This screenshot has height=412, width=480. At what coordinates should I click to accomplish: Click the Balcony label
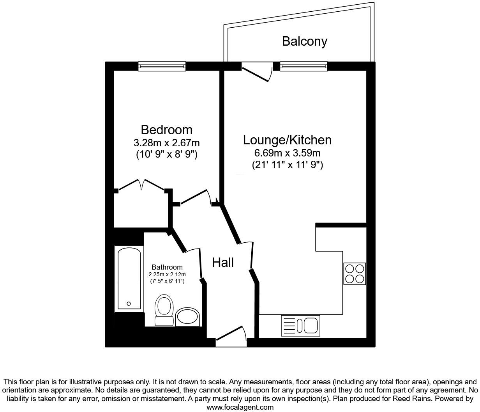point(304,41)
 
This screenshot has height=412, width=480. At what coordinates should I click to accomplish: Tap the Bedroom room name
point(166,130)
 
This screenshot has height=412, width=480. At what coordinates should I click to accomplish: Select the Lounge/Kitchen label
point(287,140)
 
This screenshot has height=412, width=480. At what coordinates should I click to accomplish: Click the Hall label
point(223,263)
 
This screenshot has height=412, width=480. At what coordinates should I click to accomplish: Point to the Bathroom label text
point(167,267)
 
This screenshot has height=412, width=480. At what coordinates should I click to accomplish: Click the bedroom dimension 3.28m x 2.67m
point(166,143)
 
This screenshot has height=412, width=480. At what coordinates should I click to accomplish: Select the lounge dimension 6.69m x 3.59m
point(287,153)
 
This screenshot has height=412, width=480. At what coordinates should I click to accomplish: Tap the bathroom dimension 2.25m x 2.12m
point(167,274)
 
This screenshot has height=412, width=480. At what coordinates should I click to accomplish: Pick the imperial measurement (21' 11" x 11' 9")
point(287,165)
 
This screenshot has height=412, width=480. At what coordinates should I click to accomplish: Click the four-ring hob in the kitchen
point(355,274)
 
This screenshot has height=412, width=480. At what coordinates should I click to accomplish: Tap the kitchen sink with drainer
point(300,326)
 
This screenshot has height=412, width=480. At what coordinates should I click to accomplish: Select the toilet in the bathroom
point(164,310)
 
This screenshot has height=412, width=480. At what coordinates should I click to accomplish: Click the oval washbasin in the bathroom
point(187,317)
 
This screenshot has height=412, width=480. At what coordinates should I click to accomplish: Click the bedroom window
point(162,67)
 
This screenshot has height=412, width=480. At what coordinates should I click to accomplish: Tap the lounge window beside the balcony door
point(304,67)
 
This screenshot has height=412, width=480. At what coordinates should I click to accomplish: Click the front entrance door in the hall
point(231,336)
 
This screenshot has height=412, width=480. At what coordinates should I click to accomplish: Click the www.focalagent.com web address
point(240,407)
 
